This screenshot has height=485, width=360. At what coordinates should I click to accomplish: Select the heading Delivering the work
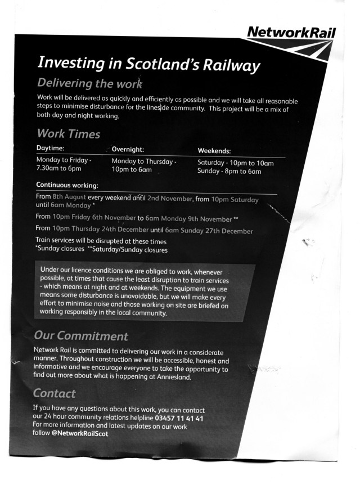(x=90, y=83)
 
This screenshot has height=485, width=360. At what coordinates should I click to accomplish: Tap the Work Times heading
(x=68, y=134)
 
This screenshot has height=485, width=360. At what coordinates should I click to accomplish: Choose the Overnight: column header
(x=128, y=150)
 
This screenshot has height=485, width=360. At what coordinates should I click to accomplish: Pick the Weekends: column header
(x=214, y=151)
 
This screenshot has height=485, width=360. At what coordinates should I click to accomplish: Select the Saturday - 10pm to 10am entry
(x=235, y=163)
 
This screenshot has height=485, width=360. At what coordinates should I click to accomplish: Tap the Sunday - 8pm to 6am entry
(x=229, y=171)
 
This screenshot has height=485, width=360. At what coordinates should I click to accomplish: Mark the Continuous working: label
(x=67, y=185)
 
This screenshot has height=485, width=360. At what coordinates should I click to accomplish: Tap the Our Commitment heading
(x=81, y=336)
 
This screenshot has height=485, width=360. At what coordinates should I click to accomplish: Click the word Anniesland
(x=171, y=377)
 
